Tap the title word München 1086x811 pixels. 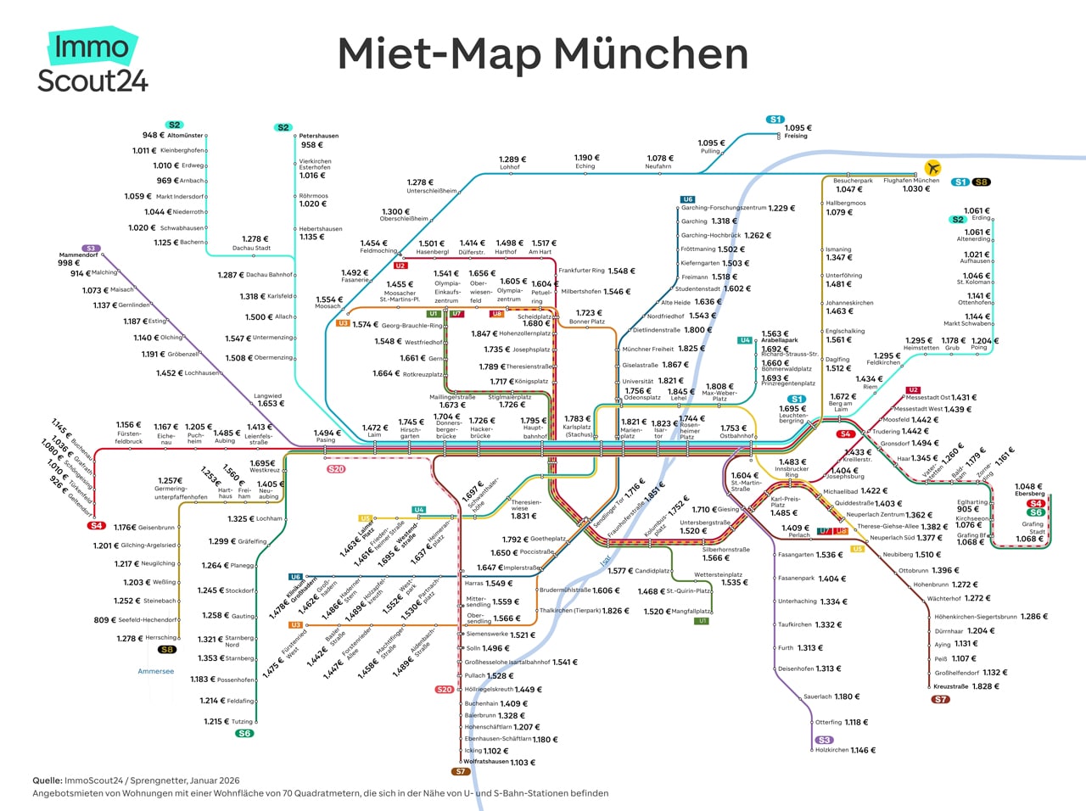[652, 54]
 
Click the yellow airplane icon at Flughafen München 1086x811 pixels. [933, 167]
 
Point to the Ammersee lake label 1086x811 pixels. [155, 671]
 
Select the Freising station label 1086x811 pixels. [795, 136]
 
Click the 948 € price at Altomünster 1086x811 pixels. [154, 135]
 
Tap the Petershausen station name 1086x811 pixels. [318, 136]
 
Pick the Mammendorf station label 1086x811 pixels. [78, 254]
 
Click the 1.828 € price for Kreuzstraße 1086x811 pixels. [986, 686]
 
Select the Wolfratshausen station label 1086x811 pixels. [485, 762]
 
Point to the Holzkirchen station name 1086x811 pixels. [831, 750]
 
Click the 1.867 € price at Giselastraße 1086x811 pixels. [675, 365]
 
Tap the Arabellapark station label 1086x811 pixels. [779, 340]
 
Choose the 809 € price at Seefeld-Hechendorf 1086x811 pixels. [102, 620]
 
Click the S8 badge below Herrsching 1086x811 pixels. [166, 650]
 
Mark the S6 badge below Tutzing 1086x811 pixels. [244, 733]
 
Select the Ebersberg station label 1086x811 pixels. [1029, 494]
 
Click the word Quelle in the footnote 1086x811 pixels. [47, 780]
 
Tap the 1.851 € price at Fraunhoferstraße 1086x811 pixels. [655, 490]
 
